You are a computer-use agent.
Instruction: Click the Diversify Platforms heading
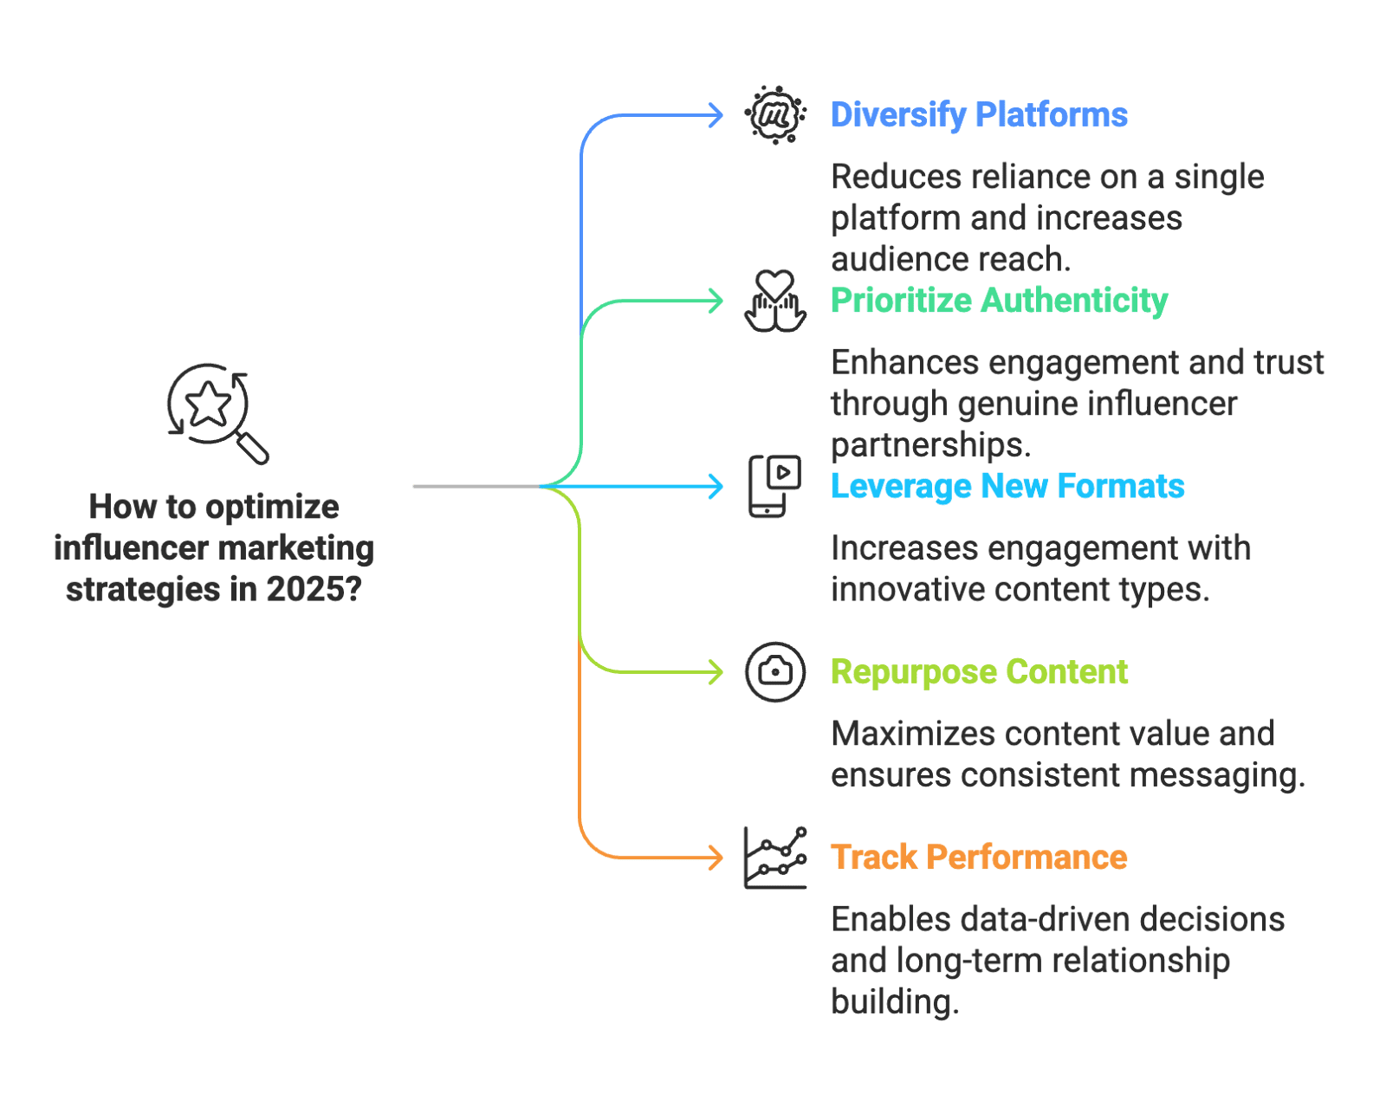pos(979,114)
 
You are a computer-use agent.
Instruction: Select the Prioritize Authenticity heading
pos(999,301)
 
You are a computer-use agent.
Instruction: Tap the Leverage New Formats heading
pos(1007,486)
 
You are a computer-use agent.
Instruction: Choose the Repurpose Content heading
pos(979,672)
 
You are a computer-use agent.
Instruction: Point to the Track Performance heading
pos(979,858)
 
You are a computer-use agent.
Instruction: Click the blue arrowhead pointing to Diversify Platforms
pos(716,115)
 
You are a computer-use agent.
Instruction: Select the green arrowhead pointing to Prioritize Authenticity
pos(716,301)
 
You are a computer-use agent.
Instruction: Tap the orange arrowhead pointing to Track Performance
pos(716,858)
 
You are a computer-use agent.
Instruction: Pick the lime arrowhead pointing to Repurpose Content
pos(716,672)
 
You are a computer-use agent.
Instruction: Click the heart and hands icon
pos(774,301)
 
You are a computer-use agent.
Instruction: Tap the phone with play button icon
pos(774,486)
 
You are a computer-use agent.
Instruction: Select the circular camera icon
pos(774,672)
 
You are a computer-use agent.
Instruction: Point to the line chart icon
pos(774,858)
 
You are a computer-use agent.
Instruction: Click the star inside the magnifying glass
pos(209,404)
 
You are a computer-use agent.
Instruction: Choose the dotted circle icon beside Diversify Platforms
pos(774,114)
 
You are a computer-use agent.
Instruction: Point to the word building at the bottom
pos(893,1002)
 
